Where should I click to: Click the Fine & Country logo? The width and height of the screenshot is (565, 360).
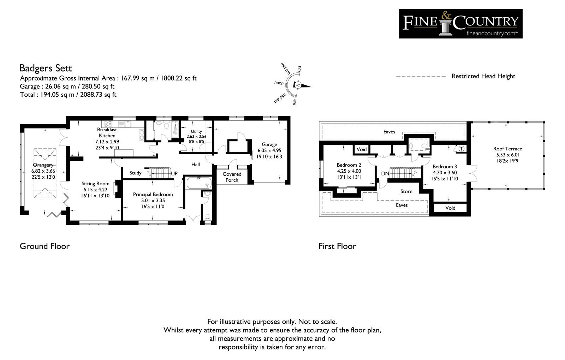(460, 24)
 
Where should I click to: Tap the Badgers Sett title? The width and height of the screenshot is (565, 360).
(46, 68)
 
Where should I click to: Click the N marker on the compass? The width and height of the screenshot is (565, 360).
(298, 85)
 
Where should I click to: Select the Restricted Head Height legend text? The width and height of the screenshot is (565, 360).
(483, 76)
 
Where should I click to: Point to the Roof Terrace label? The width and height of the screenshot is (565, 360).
(507, 149)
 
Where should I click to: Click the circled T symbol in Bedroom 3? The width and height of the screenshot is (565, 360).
(461, 149)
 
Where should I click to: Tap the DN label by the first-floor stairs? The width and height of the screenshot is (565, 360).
(385, 173)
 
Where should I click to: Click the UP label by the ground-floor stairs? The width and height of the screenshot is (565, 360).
(174, 173)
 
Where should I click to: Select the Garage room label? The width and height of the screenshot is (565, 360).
(269, 145)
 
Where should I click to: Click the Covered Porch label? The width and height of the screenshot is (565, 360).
(232, 177)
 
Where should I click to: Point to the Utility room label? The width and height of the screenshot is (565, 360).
(196, 131)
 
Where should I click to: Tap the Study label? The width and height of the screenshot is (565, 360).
(136, 173)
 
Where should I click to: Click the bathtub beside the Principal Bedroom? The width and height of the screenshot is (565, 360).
(199, 183)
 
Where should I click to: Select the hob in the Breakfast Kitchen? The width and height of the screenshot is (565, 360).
(108, 124)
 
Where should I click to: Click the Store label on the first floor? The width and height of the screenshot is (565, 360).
(406, 191)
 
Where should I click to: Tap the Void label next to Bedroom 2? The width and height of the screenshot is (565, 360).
(362, 149)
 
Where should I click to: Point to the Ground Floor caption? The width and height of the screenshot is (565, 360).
(44, 246)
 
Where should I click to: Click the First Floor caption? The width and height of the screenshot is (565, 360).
(337, 246)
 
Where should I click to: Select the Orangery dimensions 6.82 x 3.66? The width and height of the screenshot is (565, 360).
(43, 171)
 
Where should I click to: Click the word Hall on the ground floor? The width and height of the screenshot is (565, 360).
(196, 164)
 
